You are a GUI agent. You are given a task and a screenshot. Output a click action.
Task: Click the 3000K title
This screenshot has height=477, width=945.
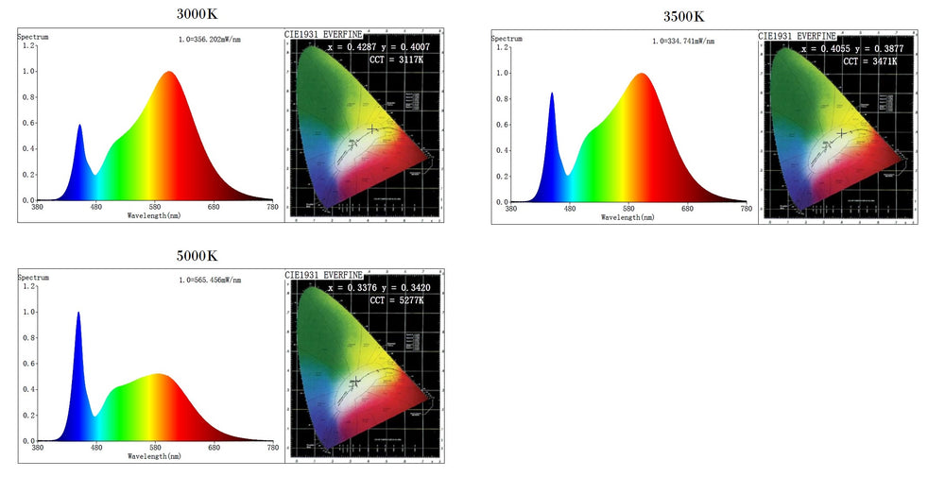point(196,15)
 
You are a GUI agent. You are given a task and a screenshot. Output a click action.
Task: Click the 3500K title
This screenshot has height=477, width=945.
point(683,16)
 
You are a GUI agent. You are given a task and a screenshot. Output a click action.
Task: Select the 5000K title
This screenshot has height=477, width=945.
point(197,256)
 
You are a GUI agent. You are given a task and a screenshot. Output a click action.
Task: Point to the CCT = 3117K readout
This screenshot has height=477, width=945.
point(389,60)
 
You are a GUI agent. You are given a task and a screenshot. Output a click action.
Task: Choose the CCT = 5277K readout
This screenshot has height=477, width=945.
point(390,300)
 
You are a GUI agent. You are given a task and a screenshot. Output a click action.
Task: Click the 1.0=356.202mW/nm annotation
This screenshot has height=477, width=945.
point(210,40)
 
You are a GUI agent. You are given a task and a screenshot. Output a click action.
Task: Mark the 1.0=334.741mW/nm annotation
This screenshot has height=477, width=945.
point(683,42)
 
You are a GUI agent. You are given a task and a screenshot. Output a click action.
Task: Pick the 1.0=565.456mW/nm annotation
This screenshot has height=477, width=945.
point(210,280)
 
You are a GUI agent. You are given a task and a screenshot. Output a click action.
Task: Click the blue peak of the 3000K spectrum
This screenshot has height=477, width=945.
point(79,126)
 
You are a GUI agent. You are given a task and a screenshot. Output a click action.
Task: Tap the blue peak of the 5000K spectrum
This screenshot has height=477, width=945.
point(78,314)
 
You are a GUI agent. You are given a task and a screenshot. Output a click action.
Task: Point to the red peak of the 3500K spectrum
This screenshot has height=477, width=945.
point(643,75)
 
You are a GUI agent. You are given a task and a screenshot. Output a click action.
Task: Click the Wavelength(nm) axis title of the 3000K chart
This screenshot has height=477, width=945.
point(156,215)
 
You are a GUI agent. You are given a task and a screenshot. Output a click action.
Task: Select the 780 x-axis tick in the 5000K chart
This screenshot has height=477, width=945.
point(272,448)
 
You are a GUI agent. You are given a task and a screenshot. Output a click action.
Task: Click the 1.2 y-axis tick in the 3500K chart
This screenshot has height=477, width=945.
point(503,47)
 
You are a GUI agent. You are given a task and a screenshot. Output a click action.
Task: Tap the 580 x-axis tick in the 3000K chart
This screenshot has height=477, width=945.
point(155,208)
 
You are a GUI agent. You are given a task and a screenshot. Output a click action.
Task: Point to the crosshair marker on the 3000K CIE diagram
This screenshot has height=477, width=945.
point(372,128)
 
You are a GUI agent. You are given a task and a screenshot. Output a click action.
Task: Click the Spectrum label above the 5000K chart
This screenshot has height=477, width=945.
point(33,277)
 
